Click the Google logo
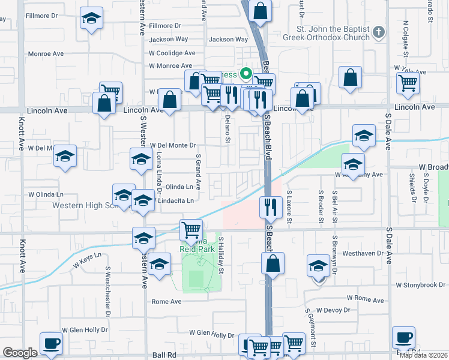20,353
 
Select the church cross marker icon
379,32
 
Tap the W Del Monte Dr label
173,145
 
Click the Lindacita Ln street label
175,200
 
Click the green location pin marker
246,74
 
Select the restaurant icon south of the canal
271,207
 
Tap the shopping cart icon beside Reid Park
191,229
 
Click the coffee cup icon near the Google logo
51,343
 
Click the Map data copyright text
423,355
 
